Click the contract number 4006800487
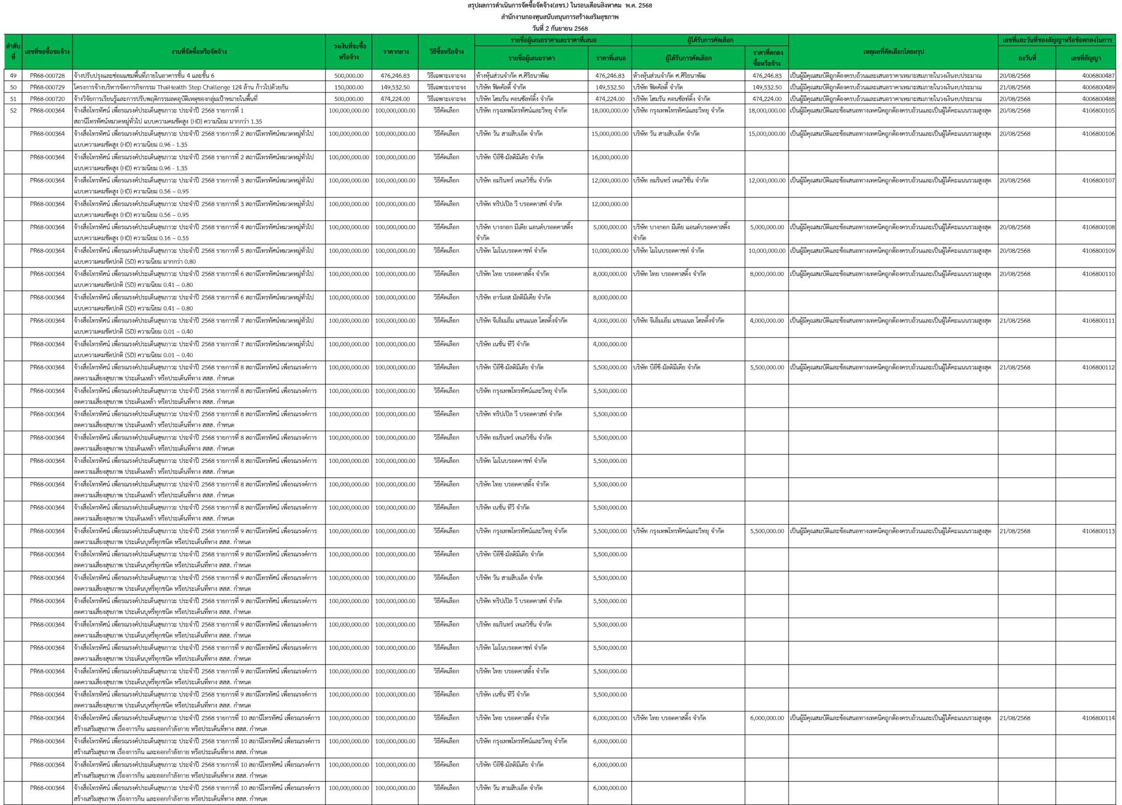[1098, 76]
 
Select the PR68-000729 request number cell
[47, 87]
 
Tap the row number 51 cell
[13, 99]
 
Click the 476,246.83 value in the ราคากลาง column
[395, 76]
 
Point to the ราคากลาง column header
[395, 51]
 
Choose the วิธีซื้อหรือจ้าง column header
[446, 51]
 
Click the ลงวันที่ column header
[1026, 58]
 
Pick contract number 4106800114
[1098, 718]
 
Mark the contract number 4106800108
[1098, 227]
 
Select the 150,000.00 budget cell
[349, 87]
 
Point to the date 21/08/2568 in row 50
[1015, 87]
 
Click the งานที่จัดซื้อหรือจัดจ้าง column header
[199, 51]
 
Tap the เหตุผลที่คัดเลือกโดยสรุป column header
[893, 51]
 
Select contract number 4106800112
[1098, 367]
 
